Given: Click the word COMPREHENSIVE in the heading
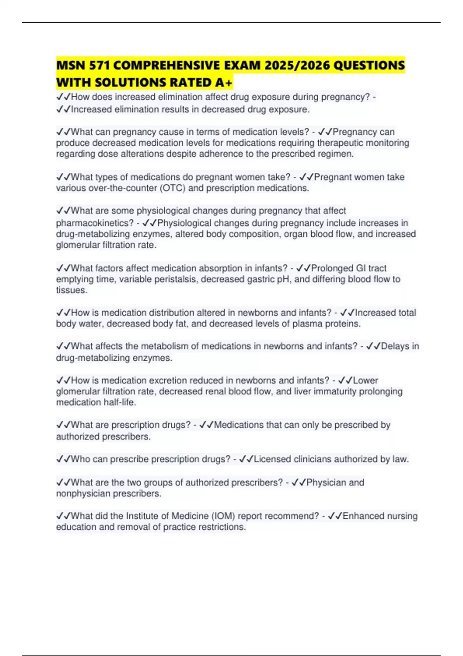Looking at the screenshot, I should pyautogui.click(x=170, y=65).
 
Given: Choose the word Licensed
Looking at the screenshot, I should pyautogui.click(x=272, y=459).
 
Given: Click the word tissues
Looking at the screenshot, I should pyautogui.click(x=71, y=290).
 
